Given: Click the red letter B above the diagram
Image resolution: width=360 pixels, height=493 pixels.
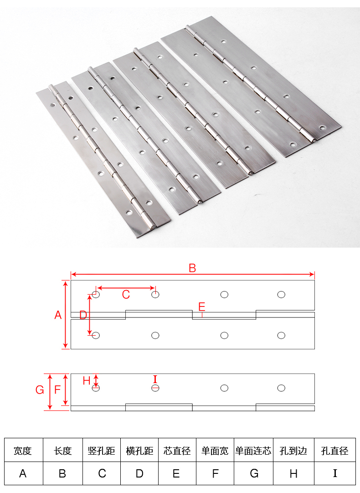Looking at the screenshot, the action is (192, 268).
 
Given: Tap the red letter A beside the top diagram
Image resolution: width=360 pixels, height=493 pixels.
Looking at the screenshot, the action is (58, 315).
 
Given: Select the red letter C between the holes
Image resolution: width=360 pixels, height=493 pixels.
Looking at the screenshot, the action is (126, 295).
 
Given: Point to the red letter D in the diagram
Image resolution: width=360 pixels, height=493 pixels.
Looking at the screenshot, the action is (83, 315).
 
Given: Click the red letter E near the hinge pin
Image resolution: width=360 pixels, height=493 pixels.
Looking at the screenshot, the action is (202, 306).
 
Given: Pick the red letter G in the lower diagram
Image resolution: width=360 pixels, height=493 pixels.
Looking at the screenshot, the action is (40, 390).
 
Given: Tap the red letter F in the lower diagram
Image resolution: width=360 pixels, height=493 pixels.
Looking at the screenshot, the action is (57, 390).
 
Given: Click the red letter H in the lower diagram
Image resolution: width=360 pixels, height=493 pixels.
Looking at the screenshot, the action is (87, 381).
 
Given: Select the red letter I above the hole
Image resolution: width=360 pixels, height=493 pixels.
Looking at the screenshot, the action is (155, 379).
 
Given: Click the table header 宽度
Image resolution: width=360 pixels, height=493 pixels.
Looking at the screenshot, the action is (23, 451).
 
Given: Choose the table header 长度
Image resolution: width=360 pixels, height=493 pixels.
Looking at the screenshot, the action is (62, 451).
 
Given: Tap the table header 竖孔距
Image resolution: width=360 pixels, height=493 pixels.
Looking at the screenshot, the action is (102, 451).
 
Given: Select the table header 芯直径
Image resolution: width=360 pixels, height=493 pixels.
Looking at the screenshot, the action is (177, 451).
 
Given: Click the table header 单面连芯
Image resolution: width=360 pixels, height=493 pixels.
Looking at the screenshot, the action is (253, 451).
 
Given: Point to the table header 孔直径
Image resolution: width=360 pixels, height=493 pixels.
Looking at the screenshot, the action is (334, 451).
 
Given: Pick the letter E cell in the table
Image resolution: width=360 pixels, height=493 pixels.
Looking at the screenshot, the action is (176, 473).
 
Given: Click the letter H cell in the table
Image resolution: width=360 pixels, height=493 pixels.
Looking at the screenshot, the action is (293, 473).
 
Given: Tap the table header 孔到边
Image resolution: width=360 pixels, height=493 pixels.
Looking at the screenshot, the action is (293, 451).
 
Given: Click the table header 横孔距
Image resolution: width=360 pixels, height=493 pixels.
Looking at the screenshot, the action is (139, 451).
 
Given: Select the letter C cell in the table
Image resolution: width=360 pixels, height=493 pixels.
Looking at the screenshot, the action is (102, 473).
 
